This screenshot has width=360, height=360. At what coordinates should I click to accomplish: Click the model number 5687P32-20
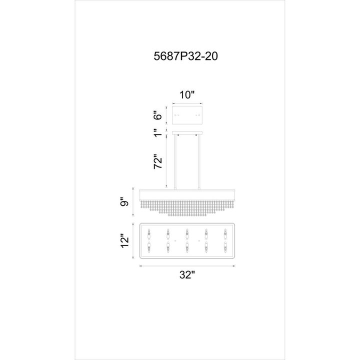pos(185,56)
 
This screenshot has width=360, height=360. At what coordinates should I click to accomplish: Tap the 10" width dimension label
pos(187,94)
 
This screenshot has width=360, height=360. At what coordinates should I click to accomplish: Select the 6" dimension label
pos(158,115)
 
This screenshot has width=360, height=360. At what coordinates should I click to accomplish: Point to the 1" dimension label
pos(158,132)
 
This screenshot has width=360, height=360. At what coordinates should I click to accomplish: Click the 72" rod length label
pos(158,161)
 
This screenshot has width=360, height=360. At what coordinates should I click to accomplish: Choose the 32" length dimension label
pos(187,274)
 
